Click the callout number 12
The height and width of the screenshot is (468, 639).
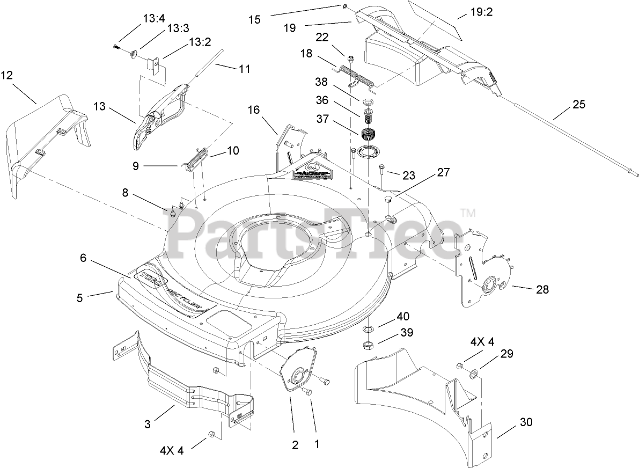pos(7,76)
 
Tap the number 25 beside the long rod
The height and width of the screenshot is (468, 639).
pos(579,105)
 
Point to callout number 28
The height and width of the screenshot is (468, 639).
pos(542,289)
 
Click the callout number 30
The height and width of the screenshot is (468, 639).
pos(526,422)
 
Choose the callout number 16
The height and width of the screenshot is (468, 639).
pos(253,110)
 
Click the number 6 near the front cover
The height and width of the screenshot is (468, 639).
pos(83,258)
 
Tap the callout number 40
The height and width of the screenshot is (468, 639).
pos(403,316)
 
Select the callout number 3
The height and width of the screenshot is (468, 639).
pos(148,424)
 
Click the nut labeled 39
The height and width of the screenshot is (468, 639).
pos(369,344)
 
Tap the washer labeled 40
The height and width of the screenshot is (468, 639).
pos(369,328)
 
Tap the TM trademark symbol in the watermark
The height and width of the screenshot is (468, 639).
pos(468,213)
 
